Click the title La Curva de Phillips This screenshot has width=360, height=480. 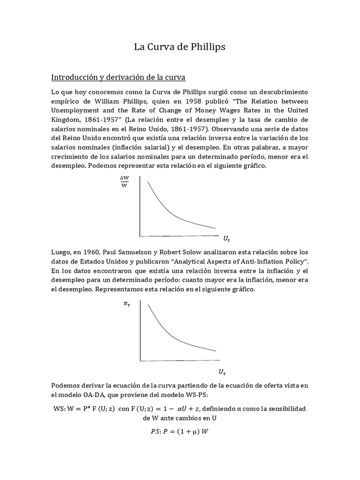(180, 47)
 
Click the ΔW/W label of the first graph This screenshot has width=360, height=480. (124, 182)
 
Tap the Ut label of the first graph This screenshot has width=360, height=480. (226, 239)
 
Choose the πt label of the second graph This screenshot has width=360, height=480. (127, 304)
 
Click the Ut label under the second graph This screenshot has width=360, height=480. (222, 372)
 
